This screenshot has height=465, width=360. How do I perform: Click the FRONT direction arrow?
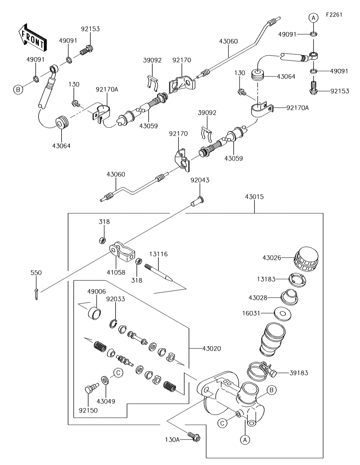click(32, 37)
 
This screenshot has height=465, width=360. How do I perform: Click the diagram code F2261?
click(334, 15)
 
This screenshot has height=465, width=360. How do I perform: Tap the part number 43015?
click(254, 197)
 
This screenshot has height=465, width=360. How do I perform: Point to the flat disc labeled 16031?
click(282, 313)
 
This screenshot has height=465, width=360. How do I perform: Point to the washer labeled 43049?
click(105, 380)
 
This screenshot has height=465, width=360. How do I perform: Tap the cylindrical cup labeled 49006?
click(95, 312)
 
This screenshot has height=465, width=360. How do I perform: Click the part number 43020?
click(212, 348)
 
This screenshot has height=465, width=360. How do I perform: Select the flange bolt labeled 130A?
click(194, 437)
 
